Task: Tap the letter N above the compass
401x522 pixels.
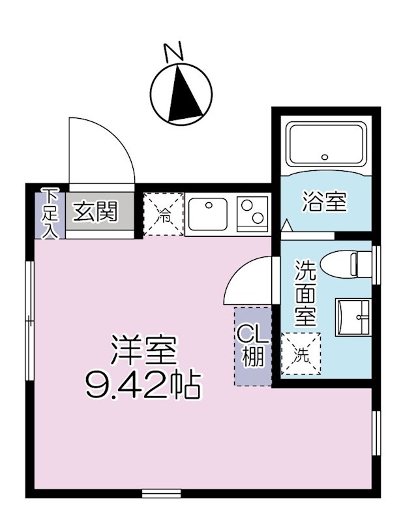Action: click(x=173, y=52)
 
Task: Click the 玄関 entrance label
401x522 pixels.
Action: click(x=95, y=211)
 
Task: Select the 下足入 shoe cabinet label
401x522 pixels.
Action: click(x=50, y=213)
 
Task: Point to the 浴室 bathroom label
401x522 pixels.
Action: click(x=324, y=202)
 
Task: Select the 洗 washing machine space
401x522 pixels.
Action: click(x=301, y=355)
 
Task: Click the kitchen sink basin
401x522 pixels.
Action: click(x=209, y=213)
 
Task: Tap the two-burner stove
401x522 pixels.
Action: click(x=252, y=213)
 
